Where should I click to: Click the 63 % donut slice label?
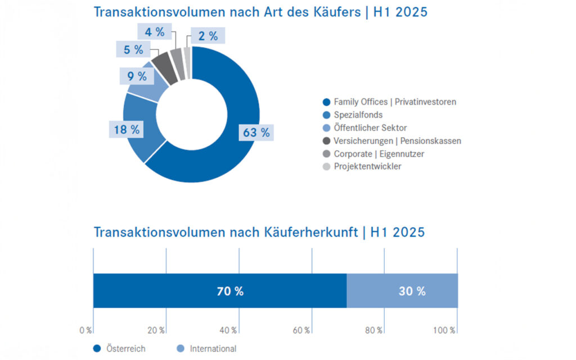pos(256,133)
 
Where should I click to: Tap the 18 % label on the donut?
pos(127,129)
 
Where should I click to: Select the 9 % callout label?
pos(137,76)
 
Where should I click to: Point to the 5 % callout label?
pos(134,49)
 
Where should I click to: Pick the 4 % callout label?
pos(154,32)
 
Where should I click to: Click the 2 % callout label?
pos(208,36)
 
